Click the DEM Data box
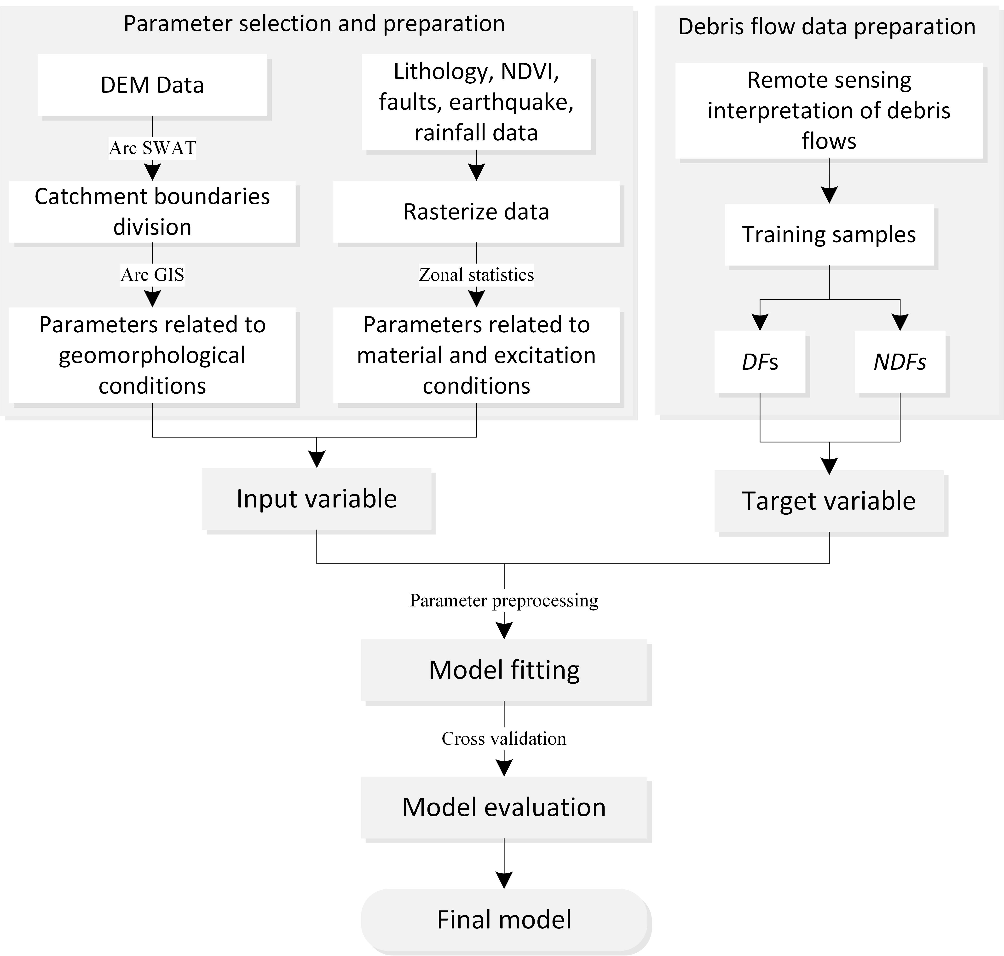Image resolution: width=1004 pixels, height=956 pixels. click(x=152, y=85)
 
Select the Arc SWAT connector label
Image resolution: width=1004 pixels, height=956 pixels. click(x=152, y=148)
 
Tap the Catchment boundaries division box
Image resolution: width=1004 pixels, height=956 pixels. click(x=152, y=212)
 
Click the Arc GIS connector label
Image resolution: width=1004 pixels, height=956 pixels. click(x=152, y=275)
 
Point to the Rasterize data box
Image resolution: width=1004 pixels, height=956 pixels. click(x=476, y=212)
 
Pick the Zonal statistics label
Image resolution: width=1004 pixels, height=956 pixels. click(x=476, y=275)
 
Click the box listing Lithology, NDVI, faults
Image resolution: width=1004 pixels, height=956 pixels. click(x=476, y=102)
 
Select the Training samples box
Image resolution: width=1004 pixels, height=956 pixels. click(x=829, y=234)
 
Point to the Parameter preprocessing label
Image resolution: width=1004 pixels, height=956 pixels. click(x=503, y=600)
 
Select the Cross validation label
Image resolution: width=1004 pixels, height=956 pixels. click(x=503, y=738)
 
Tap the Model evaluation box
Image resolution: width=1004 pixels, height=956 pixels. click(x=503, y=807)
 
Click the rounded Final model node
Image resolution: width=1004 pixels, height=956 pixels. click(x=503, y=920)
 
